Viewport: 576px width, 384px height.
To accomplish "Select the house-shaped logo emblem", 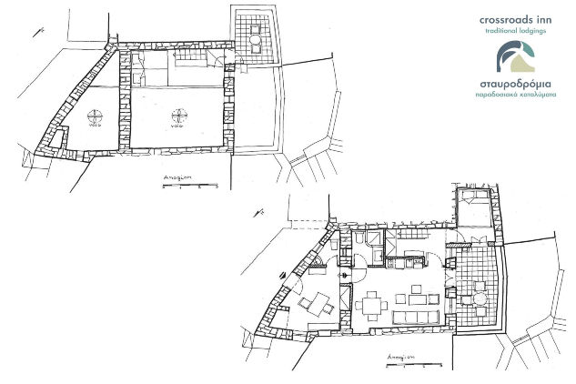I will [515, 58].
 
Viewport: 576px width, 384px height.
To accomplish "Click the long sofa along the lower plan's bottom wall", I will [411, 317].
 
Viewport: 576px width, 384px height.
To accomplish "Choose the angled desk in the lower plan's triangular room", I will [319, 301].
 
